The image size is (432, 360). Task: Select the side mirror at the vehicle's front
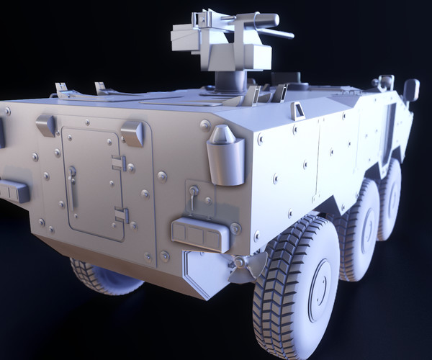coord(411,90)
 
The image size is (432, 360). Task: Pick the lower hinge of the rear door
coord(122,214)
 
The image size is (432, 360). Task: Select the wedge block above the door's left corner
coord(46,124)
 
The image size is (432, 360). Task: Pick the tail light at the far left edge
coord(14,190)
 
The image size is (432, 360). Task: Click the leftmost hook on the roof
coord(62,89)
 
